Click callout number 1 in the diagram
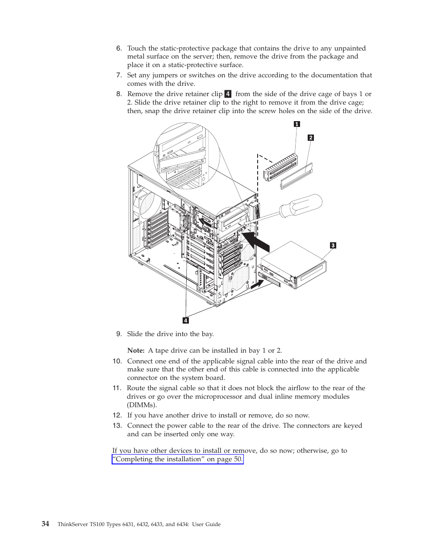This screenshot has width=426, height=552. [297, 124]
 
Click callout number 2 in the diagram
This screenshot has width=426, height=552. [311, 138]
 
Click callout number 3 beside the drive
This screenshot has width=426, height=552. [333, 245]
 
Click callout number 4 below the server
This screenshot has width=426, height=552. [186, 320]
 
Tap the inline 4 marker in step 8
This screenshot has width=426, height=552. [228, 94]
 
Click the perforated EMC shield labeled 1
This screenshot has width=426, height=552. [281, 168]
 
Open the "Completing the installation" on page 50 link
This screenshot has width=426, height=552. [178, 459]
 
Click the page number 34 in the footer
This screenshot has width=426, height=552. [46, 524]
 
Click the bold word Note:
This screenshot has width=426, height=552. [136, 350]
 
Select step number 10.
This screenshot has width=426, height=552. [117, 361]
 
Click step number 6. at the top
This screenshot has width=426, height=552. [119, 48]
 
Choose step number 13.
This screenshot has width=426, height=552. [117, 426]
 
